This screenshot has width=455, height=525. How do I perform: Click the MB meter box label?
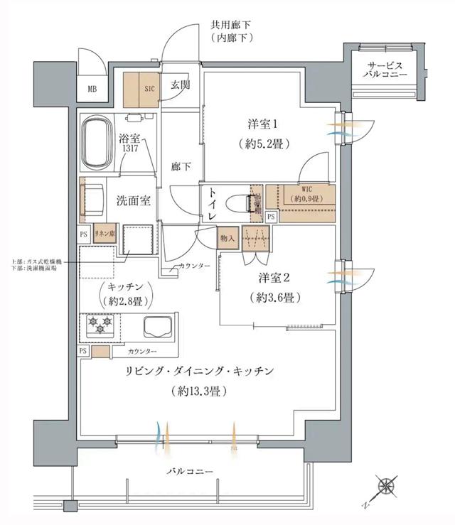(92, 90)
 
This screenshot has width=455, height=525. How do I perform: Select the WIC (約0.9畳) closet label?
(306, 194)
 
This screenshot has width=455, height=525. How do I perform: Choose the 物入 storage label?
(227, 238)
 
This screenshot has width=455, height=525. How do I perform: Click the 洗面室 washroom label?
(133, 200)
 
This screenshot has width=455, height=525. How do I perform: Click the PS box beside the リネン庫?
(83, 233)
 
